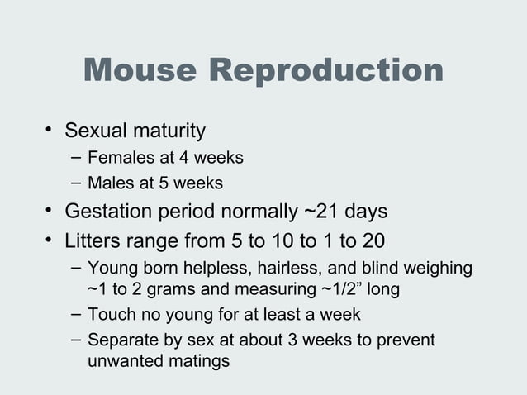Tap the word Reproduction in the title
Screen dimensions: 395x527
point(326,71)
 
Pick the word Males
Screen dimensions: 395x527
point(109,182)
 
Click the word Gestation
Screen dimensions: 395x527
point(109,212)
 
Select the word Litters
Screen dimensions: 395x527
point(93,241)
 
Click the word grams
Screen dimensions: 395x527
point(166,291)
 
